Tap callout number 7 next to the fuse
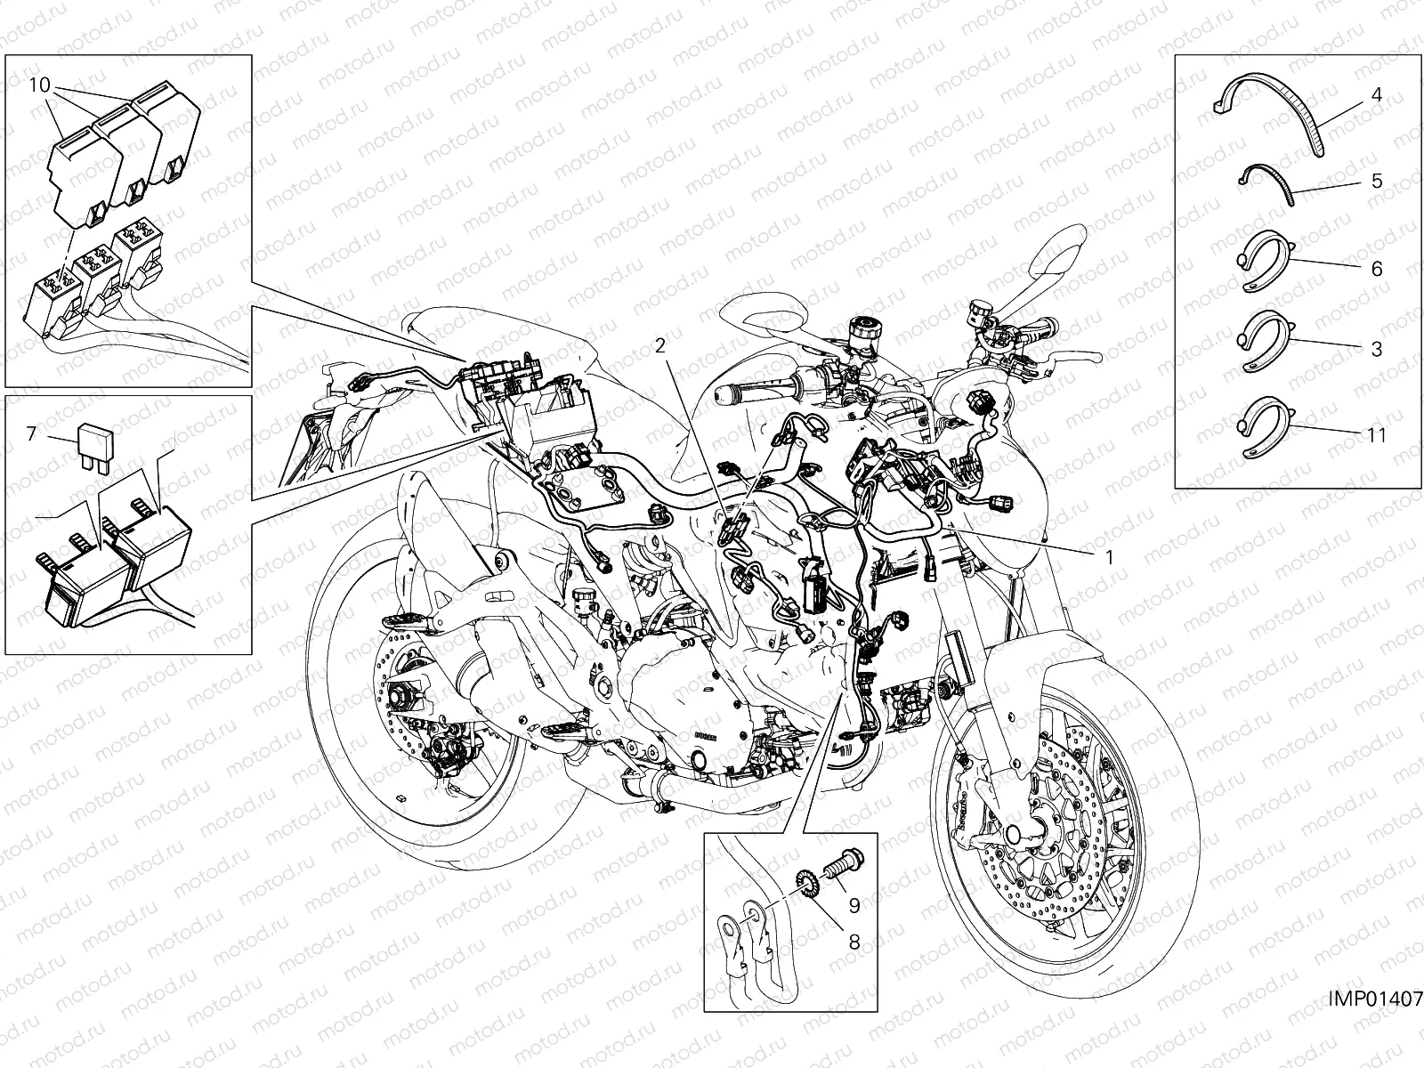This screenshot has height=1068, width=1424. (x=31, y=433)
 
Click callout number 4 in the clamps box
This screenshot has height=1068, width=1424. (x=1376, y=95)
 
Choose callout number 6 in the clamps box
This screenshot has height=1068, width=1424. (x=1376, y=268)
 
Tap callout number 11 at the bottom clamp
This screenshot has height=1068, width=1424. (x=1376, y=435)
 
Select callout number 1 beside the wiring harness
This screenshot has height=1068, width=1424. (x=1109, y=556)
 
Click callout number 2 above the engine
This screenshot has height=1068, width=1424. (x=660, y=347)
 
